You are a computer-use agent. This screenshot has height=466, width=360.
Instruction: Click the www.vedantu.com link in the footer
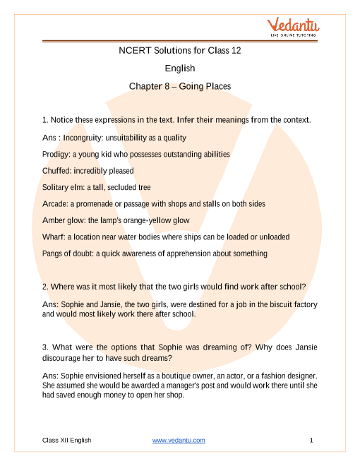pos(179,440)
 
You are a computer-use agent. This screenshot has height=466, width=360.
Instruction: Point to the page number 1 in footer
pos(311,440)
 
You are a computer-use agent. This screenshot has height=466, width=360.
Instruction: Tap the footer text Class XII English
pos(67,440)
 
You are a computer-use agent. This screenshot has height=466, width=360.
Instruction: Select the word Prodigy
pos(56,154)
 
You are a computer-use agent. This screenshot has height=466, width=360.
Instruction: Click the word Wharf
pos(54,237)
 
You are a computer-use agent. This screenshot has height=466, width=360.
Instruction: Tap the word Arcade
pos(56,203)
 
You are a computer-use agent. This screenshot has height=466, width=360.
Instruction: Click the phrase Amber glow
pos(65,220)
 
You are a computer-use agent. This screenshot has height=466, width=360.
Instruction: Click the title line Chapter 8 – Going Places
pos(180,86)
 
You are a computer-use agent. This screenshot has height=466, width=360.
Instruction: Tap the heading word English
pos(180,68)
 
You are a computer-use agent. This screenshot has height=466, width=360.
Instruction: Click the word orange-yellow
pos(146,220)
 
